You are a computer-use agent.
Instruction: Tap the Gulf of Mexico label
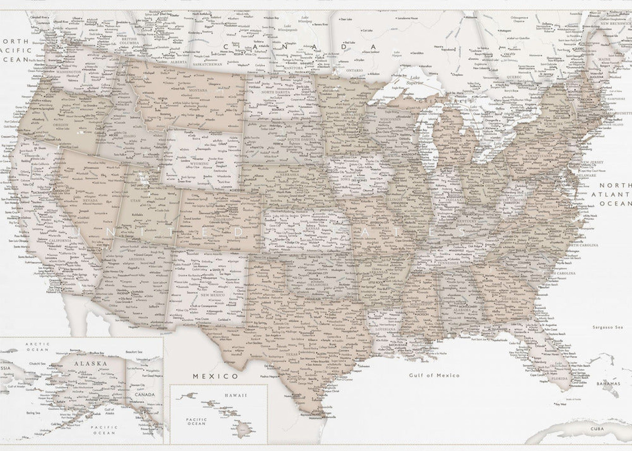[434, 375]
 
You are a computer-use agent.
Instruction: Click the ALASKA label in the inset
[91, 363]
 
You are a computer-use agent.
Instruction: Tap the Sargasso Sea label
[607, 327]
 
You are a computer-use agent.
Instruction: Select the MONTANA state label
[198, 90]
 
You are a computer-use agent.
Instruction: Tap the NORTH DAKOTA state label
[275, 92]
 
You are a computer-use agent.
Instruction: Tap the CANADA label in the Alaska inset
[145, 395]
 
